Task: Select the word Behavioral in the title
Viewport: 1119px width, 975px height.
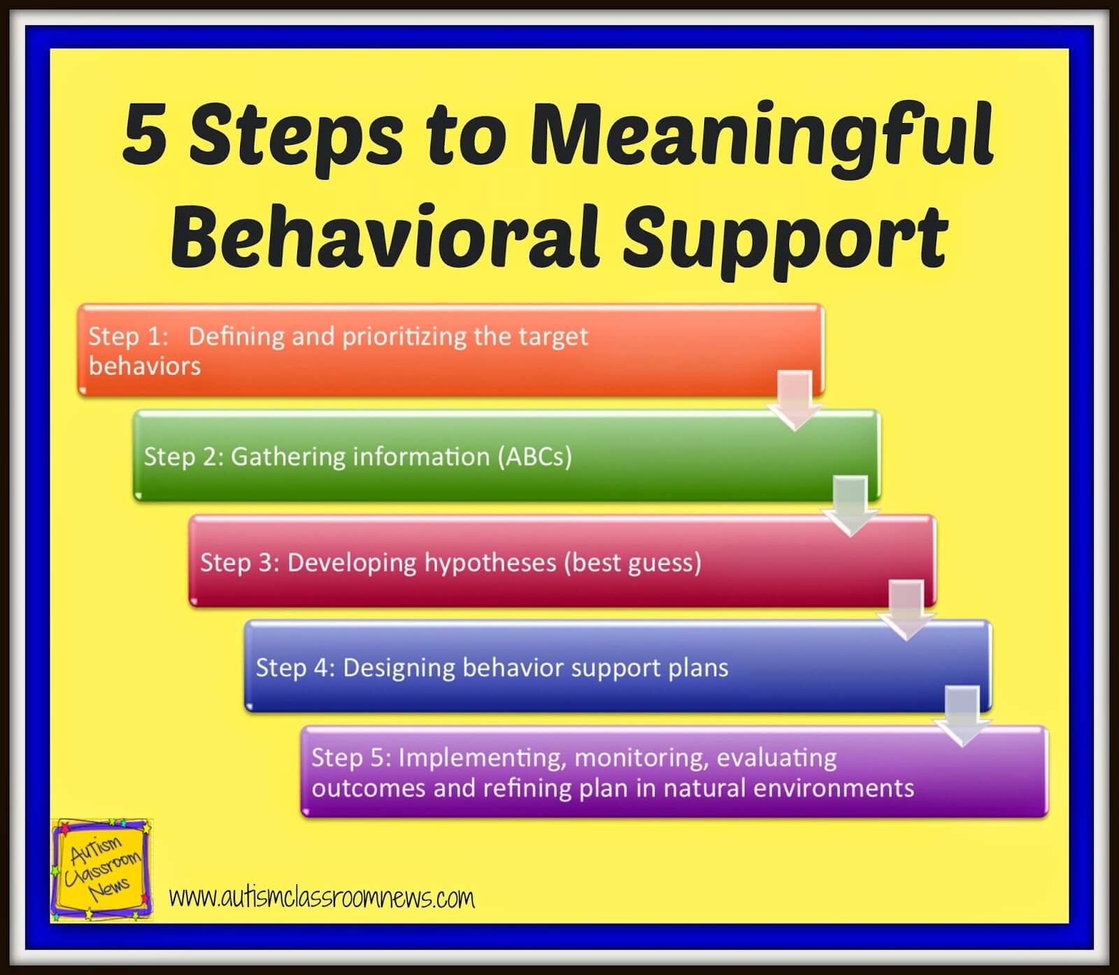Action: point(384,236)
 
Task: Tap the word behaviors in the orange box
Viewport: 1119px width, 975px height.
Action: point(145,366)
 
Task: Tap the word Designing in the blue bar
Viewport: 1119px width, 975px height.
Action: point(397,668)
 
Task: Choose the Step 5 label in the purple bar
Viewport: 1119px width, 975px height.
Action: point(351,757)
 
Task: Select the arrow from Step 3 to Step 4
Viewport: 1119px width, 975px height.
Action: point(906,611)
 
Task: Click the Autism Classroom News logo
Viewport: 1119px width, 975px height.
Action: point(102,870)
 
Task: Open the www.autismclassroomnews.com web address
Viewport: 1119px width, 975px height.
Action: point(322,898)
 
